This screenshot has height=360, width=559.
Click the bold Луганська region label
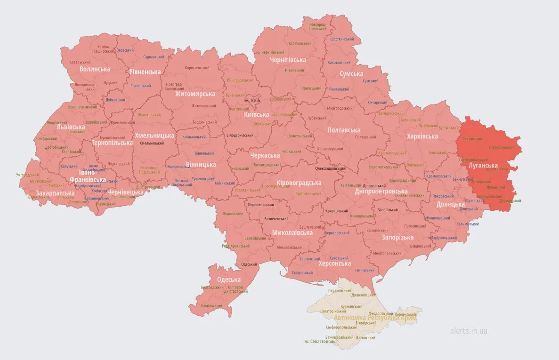pos(483,166)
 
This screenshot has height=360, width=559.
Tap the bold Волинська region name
pos(95,69)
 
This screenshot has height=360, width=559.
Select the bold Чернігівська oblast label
pos(288,60)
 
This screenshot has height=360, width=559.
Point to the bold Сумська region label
pos(351,74)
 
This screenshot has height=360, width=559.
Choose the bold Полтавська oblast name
pos(344,130)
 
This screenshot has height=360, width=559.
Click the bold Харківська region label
pos(422,136)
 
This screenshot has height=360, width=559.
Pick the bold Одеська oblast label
pos(229,280)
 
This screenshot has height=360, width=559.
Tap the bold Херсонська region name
pos(334,264)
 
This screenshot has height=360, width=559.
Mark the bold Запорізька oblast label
pos(397,237)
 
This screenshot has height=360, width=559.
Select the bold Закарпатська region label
pos(55,193)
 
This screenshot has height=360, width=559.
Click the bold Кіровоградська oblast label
pos(299,183)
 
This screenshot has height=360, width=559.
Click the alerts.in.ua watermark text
pos(469,331)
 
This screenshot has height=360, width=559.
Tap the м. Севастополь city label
pos(320,342)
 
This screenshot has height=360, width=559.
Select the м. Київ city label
pos(252,101)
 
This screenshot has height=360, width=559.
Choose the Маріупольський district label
pos(444,238)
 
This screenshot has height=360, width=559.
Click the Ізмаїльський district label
pos(211,305)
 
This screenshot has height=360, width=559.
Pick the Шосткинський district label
pos(343,40)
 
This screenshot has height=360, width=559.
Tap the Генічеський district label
pos(365,270)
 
